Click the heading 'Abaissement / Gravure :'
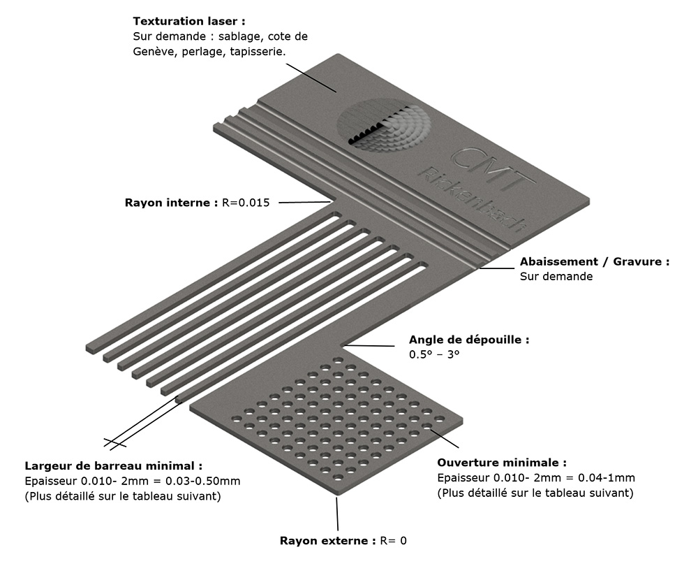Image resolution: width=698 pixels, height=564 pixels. click(x=595, y=262)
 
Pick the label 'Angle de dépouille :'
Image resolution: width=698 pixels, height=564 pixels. click(x=469, y=340)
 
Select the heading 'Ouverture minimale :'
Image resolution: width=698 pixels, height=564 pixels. click(x=502, y=463)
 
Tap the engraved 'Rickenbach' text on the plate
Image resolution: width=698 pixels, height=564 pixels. click(x=473, y=201)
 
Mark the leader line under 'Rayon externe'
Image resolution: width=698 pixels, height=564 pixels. click(x=338, y=514)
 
